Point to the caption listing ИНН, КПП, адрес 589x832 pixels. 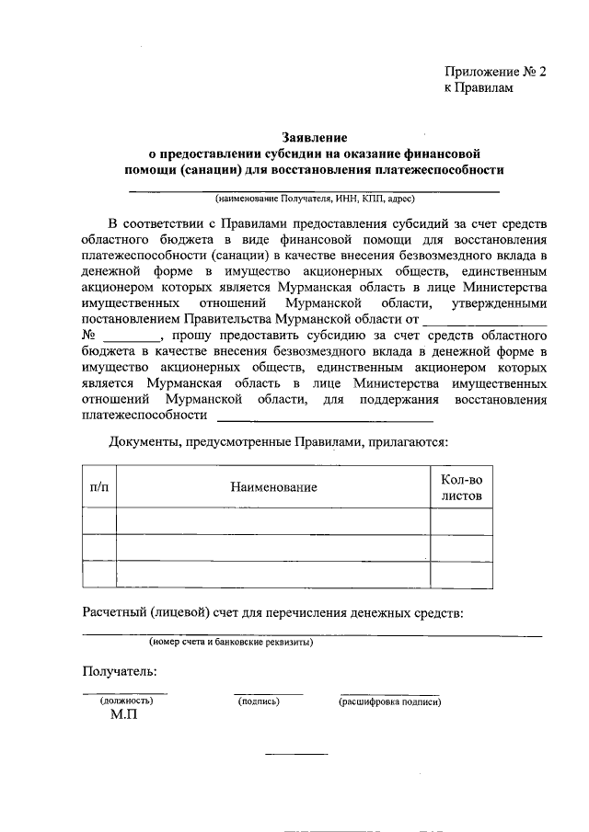point(315,198)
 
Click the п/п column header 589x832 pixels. point(98,486)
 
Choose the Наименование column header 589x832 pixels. point(273,486)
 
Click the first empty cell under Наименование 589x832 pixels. point(273,521)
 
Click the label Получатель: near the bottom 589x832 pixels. point(120,672)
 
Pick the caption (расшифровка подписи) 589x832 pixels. point(389,701)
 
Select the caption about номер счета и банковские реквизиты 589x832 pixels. point(231,642)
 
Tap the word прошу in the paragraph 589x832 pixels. point(191,336)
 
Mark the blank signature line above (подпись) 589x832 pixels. point(268,693)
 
